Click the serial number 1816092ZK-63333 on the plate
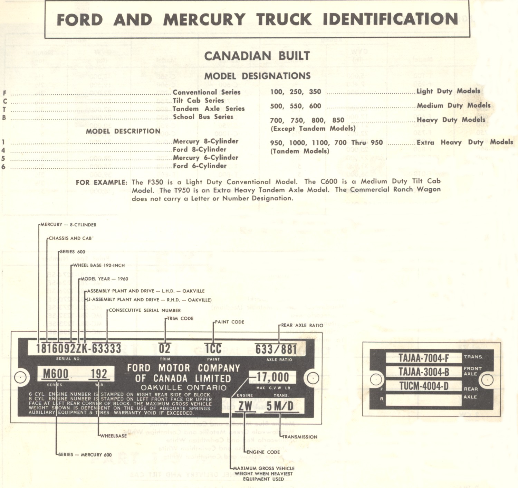pyautogui.click(x=79, y=348)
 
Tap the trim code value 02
pyautogui.click(x=165, y=348)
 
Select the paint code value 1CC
pyautogui.click(x=213, y=349)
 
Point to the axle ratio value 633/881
pyautogui.click(x=276, y=349)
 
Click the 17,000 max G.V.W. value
pyautogui.click(x=273, y=377)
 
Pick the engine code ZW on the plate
pyautogui.click(x=245, y=406)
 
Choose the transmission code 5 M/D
pyautogui.click(x=280, y=406)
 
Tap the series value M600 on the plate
pyautogui.click(x=56, y=374)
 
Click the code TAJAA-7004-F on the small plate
pyautogui.click(x=424, y=358)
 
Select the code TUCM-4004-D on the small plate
pyautogui.click(x=424, y=386)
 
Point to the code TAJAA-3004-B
pyautogui.click(x=424, y=372)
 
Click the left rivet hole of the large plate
pyautogui.click(x=20, y=377)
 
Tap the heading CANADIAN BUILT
pyautogui.click(x=257, y=56)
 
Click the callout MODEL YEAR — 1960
pyautogui.click(x=104, y=279)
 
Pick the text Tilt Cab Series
pyautogui.click(x=199, y=101)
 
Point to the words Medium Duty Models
pyautogui.click(x=453, y=105)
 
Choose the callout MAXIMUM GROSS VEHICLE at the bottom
pyautogui.click(x=264, y=468)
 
